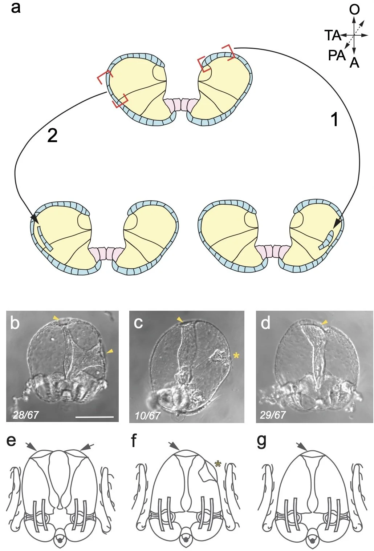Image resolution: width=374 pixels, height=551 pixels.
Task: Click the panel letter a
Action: tap(16, 8)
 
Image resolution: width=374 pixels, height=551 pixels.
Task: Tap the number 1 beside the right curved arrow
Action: tap(335, 120)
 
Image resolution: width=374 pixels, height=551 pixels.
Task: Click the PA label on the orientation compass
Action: tap(337, 55)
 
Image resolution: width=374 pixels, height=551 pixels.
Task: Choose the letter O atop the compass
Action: tap(354, 10)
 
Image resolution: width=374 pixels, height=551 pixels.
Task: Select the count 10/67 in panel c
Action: tap(148, 416)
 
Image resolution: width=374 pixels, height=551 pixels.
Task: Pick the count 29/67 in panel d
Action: tap(273, 415)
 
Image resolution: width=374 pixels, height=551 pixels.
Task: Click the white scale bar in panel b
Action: tap(95, 417)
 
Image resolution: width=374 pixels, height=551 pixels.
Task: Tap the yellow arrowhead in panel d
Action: tap(325, 322)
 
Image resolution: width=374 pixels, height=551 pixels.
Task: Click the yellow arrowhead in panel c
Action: tap(180, 319)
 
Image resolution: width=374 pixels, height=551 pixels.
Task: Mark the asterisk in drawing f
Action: tap(218, 464)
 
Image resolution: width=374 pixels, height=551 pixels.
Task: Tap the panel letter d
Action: tap(265, 323)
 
